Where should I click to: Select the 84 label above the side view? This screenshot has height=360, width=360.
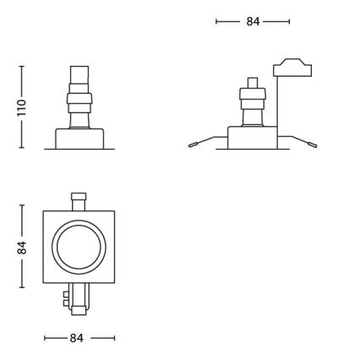tap(253, 22)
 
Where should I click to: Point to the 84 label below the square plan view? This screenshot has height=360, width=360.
tap(78, 338)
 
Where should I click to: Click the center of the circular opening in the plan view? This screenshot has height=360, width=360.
tap(78, 247)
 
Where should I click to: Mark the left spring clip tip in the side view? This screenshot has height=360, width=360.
tap(192, 145)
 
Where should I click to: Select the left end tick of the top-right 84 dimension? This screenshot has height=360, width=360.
tap(217, 22)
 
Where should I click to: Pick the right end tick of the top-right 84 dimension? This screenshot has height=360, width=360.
tap(289, 22)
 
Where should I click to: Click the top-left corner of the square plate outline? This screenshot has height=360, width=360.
tap(43, 211)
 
